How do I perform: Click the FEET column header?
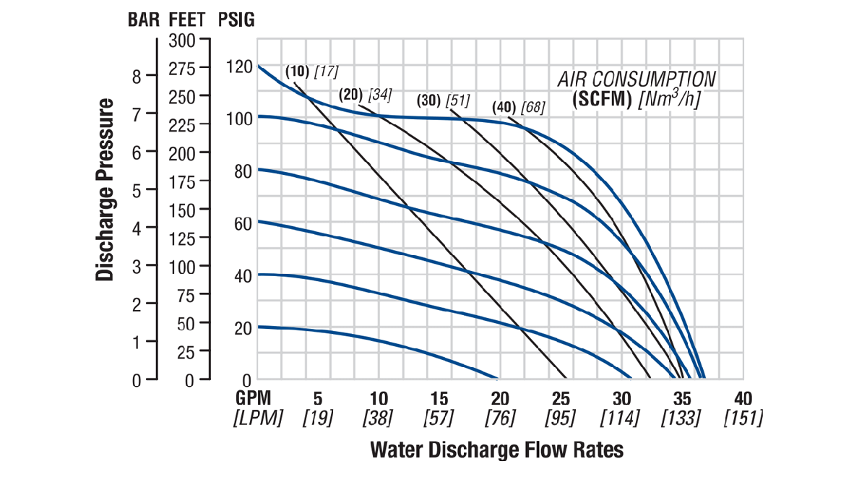point(189,20)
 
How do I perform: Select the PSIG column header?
point(236,20)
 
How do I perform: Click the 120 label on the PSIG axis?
point(239,68)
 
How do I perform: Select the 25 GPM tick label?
point(561,399)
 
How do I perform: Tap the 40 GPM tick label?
point(743,399)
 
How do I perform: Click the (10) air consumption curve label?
point(297,72)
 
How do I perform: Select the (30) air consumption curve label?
point(429,100)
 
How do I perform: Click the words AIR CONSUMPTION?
point(637,79)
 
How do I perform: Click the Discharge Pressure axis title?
point(105,189)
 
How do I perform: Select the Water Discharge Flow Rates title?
point(496,450)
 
